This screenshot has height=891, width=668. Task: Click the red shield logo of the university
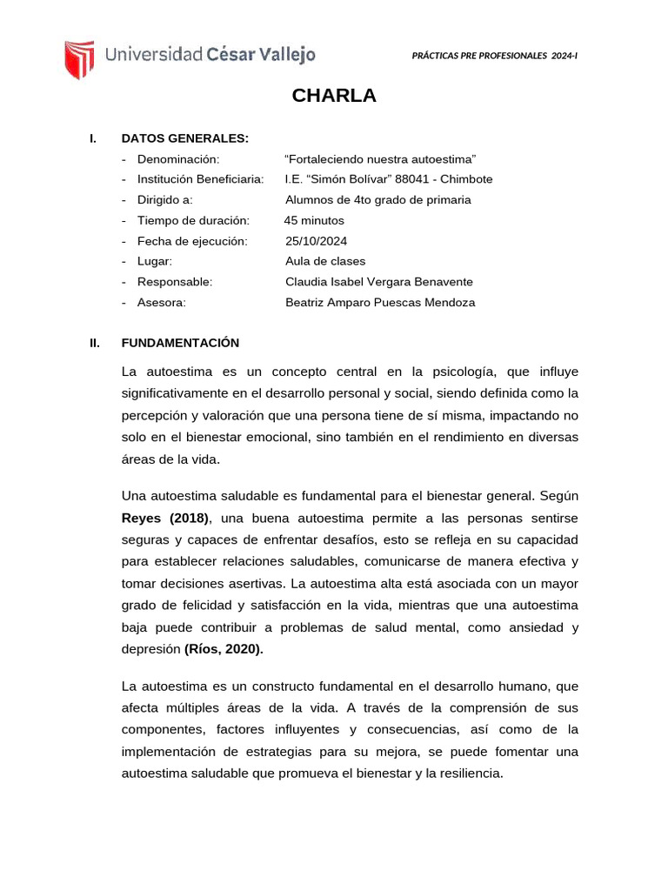pos(79,57)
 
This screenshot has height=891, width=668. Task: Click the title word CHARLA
pos(334,96)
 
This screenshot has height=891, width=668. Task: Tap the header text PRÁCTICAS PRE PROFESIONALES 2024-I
pos(494,56)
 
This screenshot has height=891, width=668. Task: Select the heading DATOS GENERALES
pos(185,137)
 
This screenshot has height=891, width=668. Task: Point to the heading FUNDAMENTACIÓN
pos(180,343)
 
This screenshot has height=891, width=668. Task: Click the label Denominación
pos(178,158)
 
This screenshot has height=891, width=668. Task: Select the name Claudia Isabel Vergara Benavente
pos(379,282)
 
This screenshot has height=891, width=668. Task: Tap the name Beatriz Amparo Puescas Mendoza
pos(380,303)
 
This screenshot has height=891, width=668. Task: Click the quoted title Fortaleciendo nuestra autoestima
pos(381,158)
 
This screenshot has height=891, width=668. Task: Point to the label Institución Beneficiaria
pos(200,179)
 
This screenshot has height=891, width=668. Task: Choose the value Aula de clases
pos(325,261)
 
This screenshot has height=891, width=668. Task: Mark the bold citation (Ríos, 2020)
pos(223,648)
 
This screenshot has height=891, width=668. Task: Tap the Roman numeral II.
pos(95,343)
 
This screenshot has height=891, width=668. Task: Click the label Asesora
pos(162,303)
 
